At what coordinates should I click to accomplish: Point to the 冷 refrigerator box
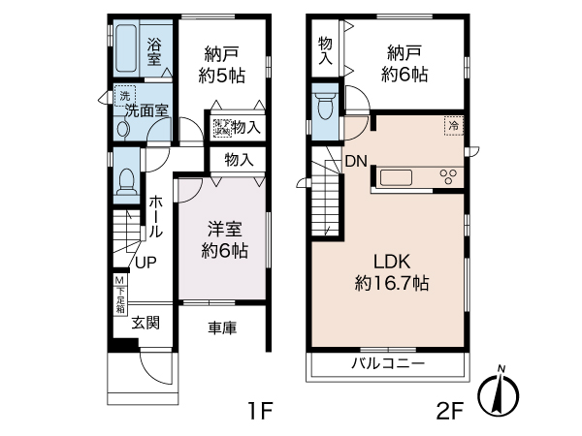coord(453,125)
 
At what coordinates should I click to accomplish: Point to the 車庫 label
coord(222,327)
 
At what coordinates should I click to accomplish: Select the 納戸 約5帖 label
coord(222,64)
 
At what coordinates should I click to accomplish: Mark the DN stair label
coord(355,162)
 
